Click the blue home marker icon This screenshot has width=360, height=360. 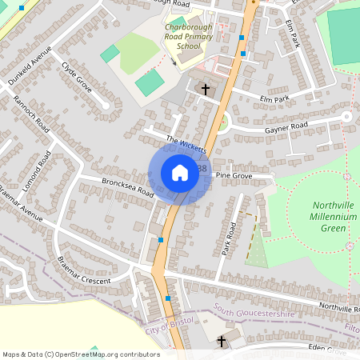pyautogui.click(x=180, y=173)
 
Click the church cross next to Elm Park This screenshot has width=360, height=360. pyautogui.click(x=206, y=89)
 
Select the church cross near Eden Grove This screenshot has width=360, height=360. pyautogui.click(x=222, y=342)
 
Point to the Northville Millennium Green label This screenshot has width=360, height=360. pyautogui.click(x=328, y=217)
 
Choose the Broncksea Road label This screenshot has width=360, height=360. pyautogui.click(x=127, y=187)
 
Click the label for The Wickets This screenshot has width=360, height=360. pyautogui.click(x=186, y=144)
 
